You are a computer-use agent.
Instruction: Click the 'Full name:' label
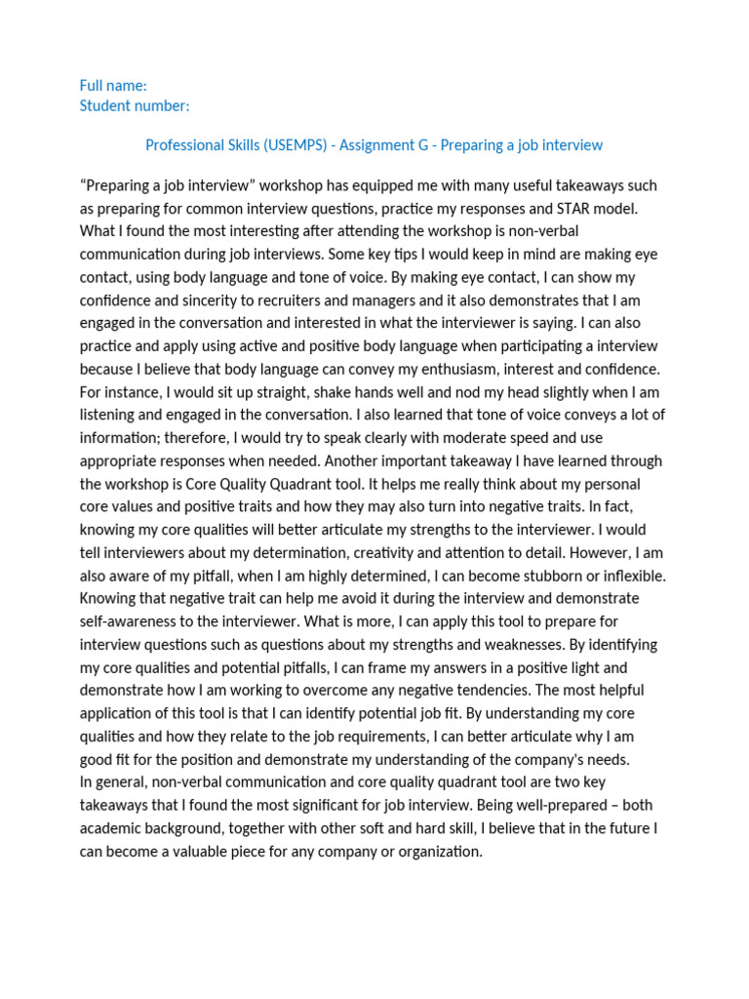click(113, 86)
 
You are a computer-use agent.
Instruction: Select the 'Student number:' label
click(135, 105)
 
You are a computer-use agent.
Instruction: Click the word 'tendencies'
click(583, 691)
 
